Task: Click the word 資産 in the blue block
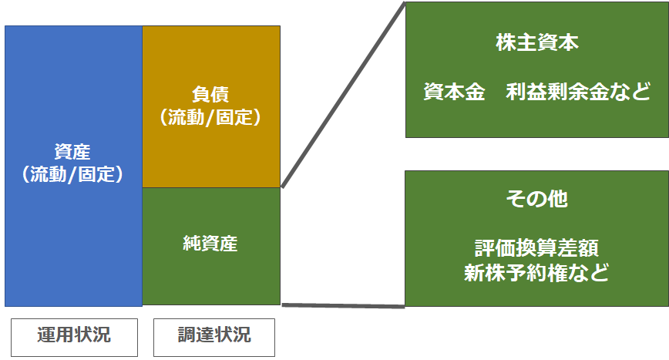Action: tap(72, 152)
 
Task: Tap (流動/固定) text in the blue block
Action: tap(72, 174)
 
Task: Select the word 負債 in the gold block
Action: tap(210, 94)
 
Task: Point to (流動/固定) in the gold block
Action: tap(210, 117)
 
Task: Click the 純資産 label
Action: tap(210, 244)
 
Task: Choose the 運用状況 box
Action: tap(74, 338)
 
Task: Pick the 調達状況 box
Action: tap(214, 338)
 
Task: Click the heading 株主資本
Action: tap(537, 42)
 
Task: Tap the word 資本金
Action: tap(454, 92)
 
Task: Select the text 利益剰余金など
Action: tap(578, 92)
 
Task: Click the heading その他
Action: tap(536, 199)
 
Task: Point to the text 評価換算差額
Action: tap(536, 248)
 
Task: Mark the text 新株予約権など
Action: tap(536, 273)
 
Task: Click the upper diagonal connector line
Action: tap(343, 95)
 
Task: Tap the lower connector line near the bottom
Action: tap(343, 305)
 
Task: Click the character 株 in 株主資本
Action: tap(506, 42)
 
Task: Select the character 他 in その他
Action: tap(558, 199)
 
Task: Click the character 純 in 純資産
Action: tap(192, 244)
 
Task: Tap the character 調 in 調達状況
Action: tap(187, 335)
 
